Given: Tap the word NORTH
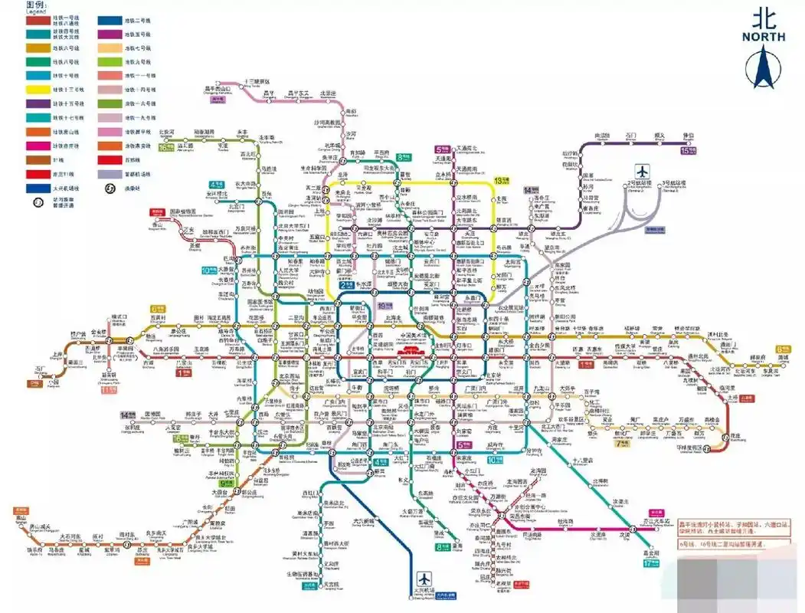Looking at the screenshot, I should pos(763,35).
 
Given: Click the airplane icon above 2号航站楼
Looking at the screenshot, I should pos(641,171).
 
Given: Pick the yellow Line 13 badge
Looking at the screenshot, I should pos(502,180).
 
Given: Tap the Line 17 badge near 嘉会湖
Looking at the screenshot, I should pos(650,564).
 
